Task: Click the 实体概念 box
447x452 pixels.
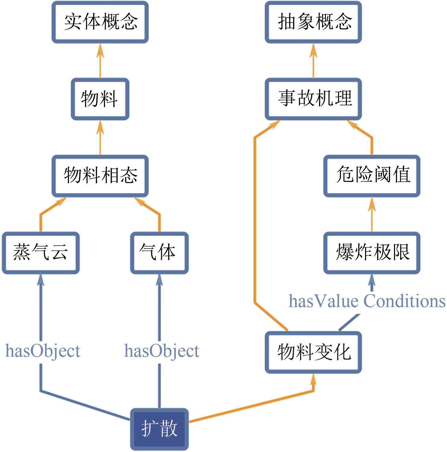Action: tap(100, 22)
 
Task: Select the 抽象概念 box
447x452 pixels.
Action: tap(313, 22)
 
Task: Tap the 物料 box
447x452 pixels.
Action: tap(100, 99)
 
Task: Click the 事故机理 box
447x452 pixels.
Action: tap(313, 99)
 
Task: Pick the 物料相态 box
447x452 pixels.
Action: tap(100, 176)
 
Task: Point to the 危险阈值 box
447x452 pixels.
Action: tap(372, 176)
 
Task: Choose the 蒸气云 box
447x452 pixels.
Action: tap(41, 253)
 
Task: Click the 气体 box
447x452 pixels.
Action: tap(159, 253)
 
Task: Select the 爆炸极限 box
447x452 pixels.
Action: tap(372, 253)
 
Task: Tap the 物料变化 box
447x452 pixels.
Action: tap(313, 352)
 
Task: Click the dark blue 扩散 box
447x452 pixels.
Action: tap(159, 429)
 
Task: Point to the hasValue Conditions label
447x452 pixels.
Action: tap(367, 301)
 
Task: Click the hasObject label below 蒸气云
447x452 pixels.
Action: tap(43, 351)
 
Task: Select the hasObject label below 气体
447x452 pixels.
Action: tap(162, 351)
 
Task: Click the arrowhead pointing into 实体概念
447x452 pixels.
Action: tap(100, 50)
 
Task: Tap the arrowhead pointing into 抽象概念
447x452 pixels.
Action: tap(313, 50)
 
